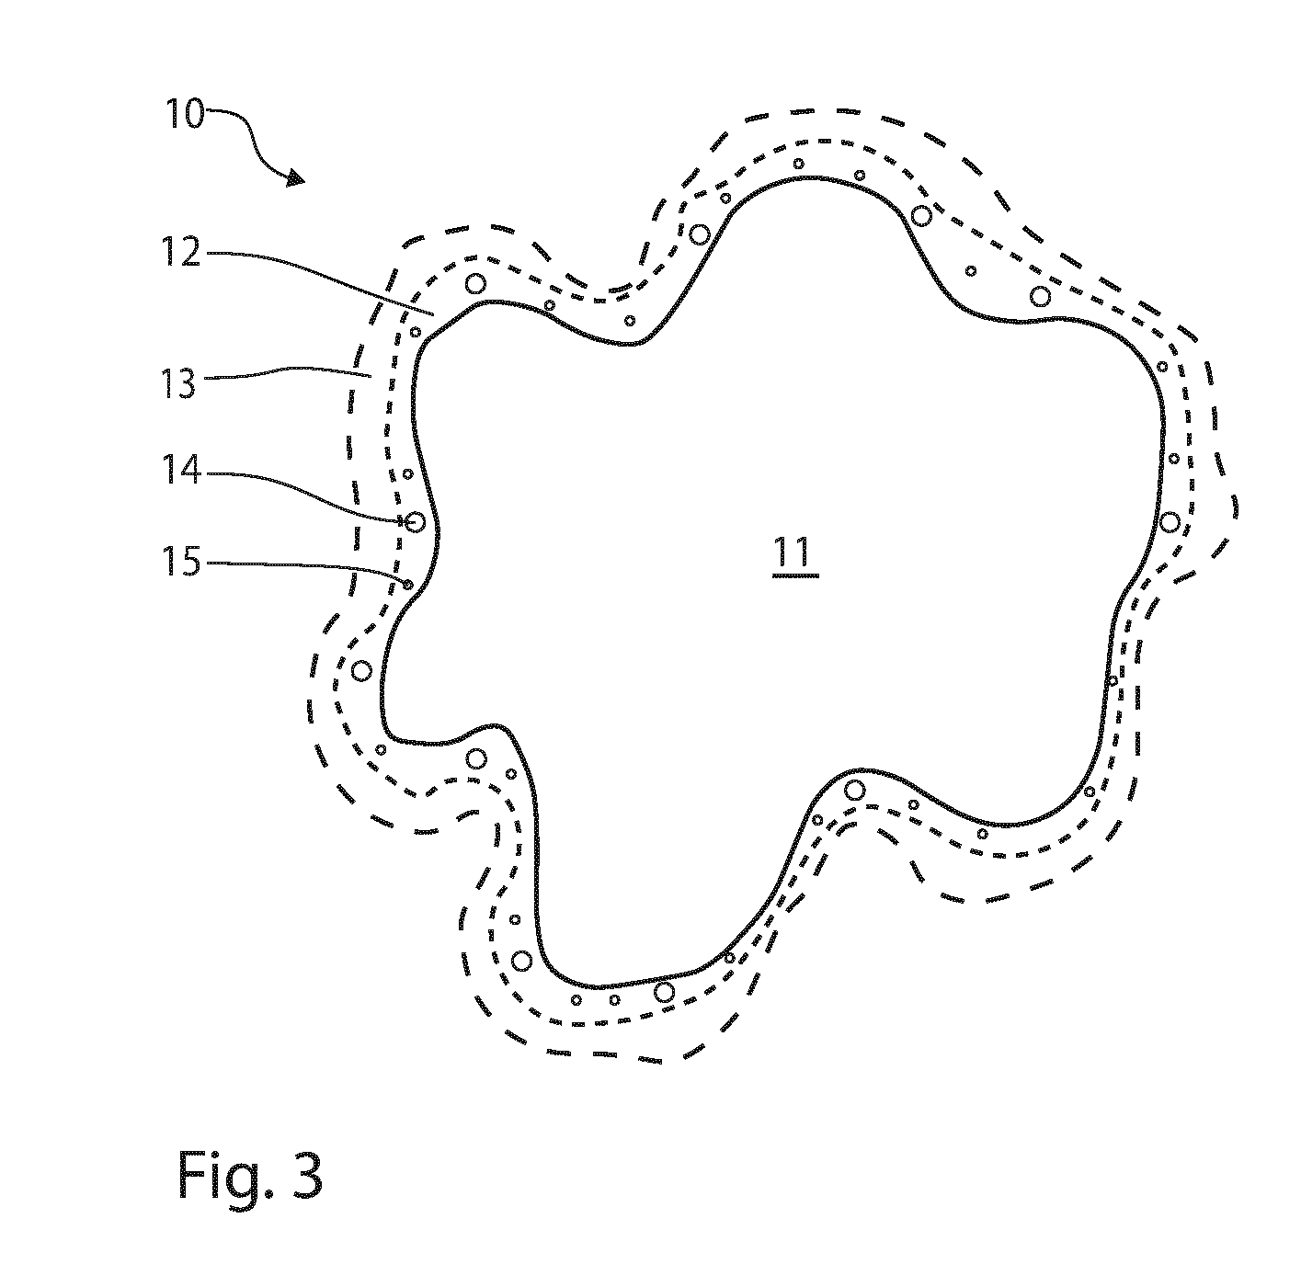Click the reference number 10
(x=185, y=113)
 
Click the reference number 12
(x=181, y=253)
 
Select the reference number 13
(x=179, y=382)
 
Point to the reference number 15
(x=182, y=563)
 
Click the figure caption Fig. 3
(x=250, y=1176)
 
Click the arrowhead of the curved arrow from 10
(x=295, y=178)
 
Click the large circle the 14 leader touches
(x=415, y=522)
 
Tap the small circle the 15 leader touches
(x=408, y=585)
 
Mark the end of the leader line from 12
(x=433, y=314)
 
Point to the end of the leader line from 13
(x=371, y=375)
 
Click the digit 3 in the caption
(x=307, y=1176)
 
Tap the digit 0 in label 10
(x=193, y=113)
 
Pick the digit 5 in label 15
(x=191, y=563)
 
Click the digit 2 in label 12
(x=190, y=253)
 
